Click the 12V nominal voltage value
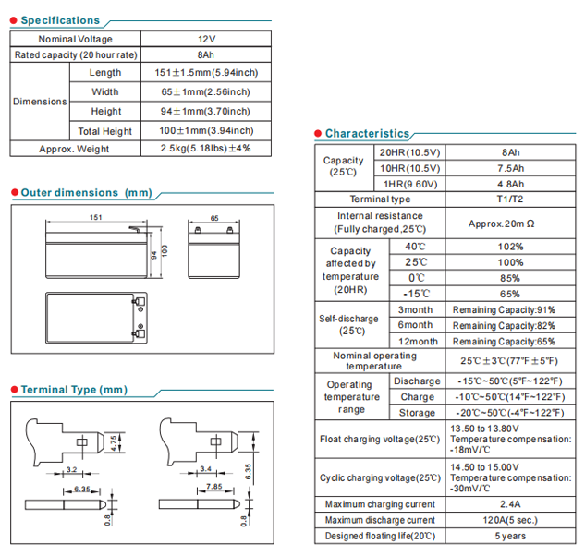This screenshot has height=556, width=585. point(206,39)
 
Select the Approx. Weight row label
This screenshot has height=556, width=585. point(73,149)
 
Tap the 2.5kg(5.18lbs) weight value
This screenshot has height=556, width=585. point(206,149)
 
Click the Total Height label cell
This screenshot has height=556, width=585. point(104,131)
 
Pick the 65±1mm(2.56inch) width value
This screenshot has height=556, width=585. point(206,91)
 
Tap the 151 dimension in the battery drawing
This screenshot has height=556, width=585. point(95,219)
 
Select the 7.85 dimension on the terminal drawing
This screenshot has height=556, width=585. point(213,486)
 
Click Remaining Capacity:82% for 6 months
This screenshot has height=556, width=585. point(504,325)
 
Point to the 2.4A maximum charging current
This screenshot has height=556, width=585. point(510,504)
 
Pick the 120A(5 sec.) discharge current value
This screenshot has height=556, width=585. point(510,520)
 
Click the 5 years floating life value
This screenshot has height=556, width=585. point(510,536)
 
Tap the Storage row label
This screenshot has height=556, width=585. point(417,413)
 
